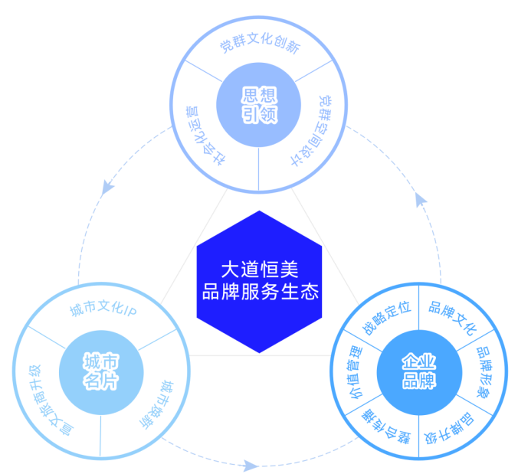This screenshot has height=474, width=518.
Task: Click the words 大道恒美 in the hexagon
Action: (x=258, y=270)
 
